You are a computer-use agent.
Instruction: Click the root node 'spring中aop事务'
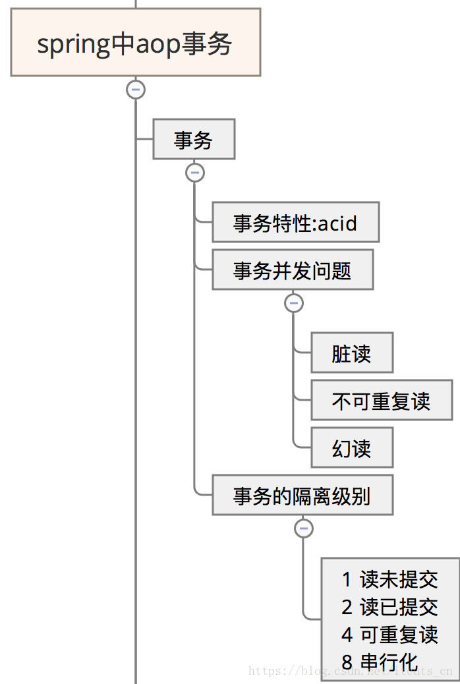coord(135,43)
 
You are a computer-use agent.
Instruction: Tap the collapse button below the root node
coord(136,90)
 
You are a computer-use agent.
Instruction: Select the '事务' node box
coord(194,139)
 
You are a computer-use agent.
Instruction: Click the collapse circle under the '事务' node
coord(194,173)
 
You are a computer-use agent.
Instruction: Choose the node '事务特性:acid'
coord(295,223)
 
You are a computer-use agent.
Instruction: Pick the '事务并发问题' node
coord(292,270)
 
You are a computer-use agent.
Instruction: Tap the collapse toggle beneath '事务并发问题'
coord(293,303)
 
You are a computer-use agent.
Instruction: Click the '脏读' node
coord(351,353)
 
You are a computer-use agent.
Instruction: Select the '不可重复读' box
coord(381,400)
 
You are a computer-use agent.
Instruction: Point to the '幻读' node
coord(351,448)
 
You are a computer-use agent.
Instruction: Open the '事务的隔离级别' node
coord(302,495)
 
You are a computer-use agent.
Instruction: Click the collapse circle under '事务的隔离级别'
coord(303,528)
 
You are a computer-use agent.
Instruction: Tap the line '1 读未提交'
coord(389,580)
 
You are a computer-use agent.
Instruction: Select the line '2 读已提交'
coord(389,607)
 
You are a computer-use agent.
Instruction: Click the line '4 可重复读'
coord(389,635)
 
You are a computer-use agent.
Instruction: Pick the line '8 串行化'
coord(380,661)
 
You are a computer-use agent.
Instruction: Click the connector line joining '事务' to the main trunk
coord(144,139)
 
